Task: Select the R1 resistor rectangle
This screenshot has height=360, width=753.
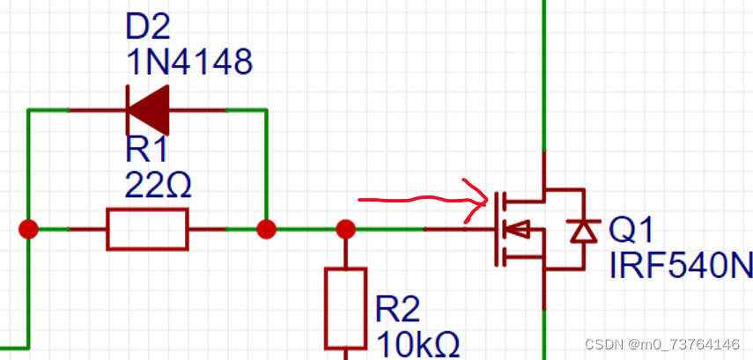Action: [147, 230]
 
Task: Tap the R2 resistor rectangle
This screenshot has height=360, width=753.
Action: [345, 308]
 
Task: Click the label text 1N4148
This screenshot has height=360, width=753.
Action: [189, 62]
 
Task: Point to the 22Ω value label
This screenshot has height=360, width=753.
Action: [159, 187]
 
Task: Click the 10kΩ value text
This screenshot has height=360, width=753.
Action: [418, 344]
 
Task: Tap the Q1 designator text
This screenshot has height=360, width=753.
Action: [631, 231]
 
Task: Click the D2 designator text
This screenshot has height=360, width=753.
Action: [149, 28]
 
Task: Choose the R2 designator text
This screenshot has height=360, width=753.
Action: [398, 309]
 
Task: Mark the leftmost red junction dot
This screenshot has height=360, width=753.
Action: [29, 230]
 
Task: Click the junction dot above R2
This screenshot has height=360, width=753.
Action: [346, 230]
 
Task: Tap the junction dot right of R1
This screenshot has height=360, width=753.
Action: [265, 230]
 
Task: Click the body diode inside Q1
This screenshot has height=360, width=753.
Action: [581, 231]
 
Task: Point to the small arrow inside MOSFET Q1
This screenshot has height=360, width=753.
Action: [520, 231]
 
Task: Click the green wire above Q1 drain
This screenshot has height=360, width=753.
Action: [544, 70]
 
